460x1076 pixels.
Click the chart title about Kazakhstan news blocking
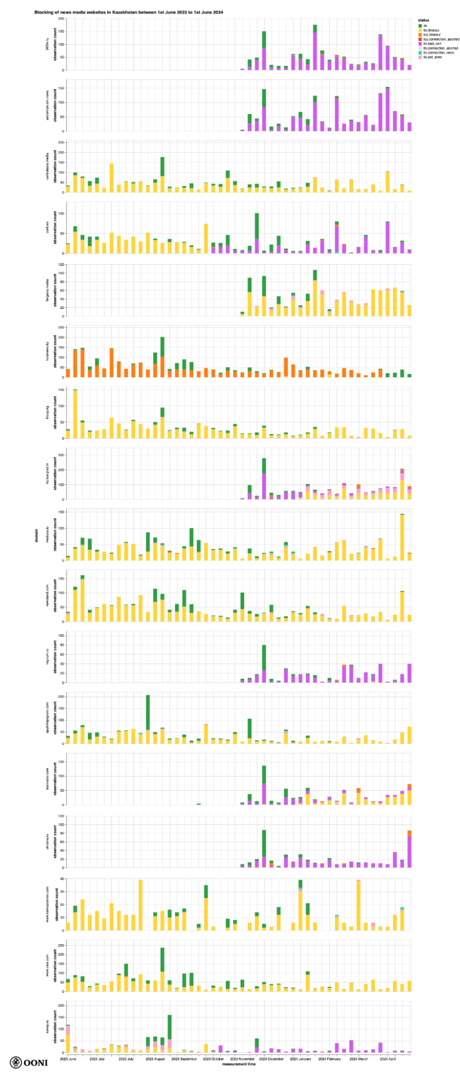pyautogui.click(x=129, y=12)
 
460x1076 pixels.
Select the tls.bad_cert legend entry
pyautogui.click(x=432, y=44)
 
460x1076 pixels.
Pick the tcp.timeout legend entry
pyautogui.click(x=431, y=35)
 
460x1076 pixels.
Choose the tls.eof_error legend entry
pyautogui.click(x=433, y=57)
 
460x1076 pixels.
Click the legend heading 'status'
pyautogui.click(x=423, y=20)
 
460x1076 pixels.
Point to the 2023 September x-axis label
pyautogui.click(x=184, y=1058)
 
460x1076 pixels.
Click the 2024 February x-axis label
pyautogui.click(x=329, y=1058)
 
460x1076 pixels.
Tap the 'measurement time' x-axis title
pyautogui.click(x=238, y=1064)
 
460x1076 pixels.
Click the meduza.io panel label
pyautogui.click(x=47, y=535)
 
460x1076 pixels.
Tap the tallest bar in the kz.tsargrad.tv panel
pyautogui.click(x=264, y=479)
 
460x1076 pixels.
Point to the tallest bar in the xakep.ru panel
pyautogui.click(x=169, y=1033)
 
